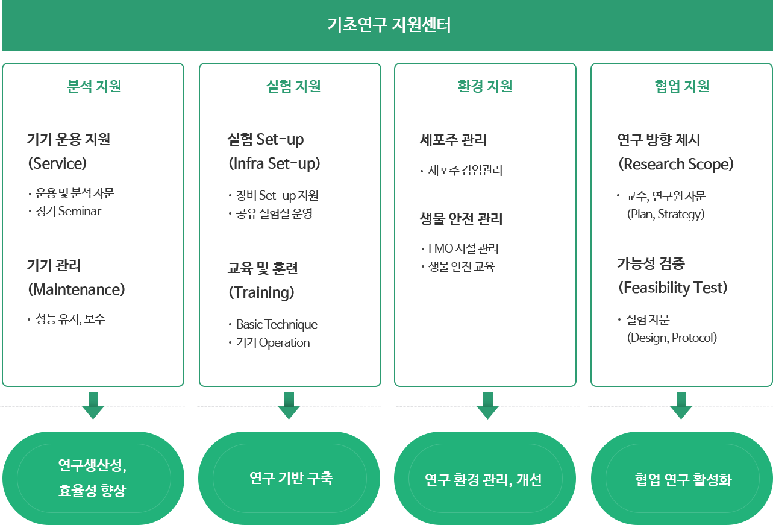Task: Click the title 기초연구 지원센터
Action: click(389, 25)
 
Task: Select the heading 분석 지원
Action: click(93, 86)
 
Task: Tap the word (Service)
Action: click(58, 163)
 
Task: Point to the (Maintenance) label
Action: click(77, 289)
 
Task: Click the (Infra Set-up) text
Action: click(274, 163)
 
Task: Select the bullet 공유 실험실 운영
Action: click(274, 213)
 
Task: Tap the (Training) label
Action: click(261, 292)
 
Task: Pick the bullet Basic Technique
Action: click(277, 324)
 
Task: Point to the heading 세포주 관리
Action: click(452, 140)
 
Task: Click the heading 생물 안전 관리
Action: click(461, 219)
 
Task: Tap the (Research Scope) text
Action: click(676, 164)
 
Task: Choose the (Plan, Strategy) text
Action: click(666, 214)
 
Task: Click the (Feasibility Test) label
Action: click(673, 288)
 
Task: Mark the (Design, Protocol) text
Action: click(672, 338)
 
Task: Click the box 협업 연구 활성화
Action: click(683, 480)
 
